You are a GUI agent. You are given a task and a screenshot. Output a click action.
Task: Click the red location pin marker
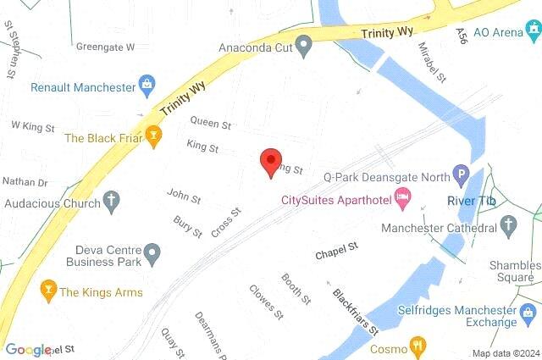270,161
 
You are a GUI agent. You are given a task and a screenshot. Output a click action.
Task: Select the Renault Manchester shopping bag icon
148,86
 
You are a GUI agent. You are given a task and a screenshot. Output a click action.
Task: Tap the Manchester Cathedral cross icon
509,224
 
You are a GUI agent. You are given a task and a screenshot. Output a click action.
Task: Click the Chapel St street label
337,252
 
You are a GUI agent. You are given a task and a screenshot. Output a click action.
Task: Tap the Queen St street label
210,123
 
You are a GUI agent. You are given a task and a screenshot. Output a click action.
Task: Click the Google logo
27,349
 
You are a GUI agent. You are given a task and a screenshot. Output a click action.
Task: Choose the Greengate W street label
105,47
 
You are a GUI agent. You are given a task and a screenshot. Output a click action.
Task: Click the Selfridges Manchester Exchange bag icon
507,321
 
